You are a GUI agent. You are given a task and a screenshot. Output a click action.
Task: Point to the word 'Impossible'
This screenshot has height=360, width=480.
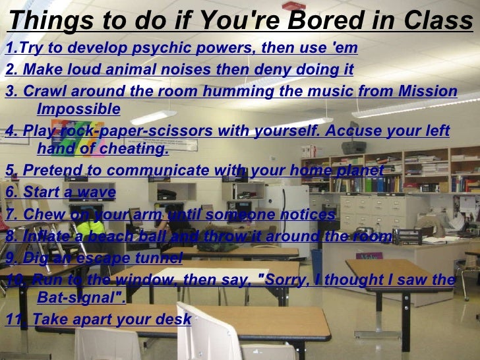[x=78, y=109]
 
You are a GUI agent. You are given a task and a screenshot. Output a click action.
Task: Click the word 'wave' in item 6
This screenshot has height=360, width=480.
[x=98, y=193]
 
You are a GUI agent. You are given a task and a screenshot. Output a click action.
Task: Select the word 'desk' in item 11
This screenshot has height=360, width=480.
[x=175, y=320]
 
